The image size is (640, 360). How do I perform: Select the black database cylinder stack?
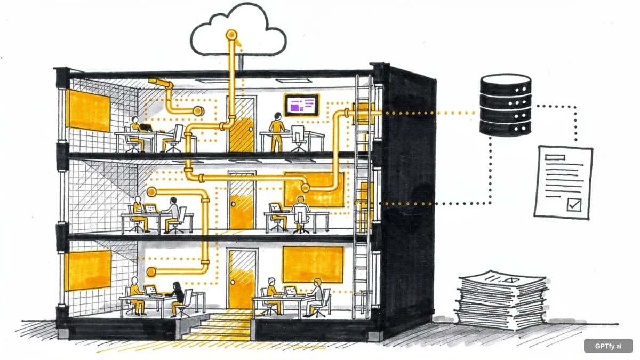[x=505, y=105]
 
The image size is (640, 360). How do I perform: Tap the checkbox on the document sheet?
[x=573, y=204]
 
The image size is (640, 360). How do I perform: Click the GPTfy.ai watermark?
[x=607, y=346]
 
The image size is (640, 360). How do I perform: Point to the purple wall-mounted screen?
[x=301, y=105]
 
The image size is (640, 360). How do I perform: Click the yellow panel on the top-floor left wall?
[x=89, y=110]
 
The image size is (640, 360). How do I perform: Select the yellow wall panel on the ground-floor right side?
[x=313, y=264]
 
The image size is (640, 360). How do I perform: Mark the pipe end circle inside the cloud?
[x=231, y=35]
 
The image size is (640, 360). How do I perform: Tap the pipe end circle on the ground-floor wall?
[x=151, y=271]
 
